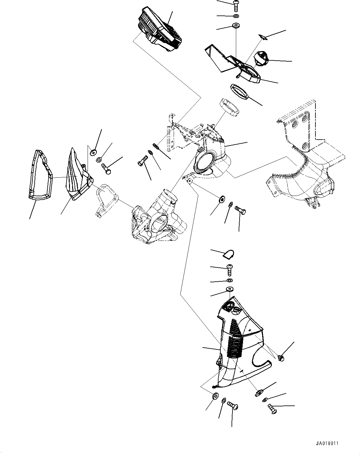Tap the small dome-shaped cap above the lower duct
pyautogui.click(x=228, y=254)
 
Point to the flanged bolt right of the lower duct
pyautogui.click(x=281, y=358)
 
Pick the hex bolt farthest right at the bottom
pyautogui.click(x=272, y=409)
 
